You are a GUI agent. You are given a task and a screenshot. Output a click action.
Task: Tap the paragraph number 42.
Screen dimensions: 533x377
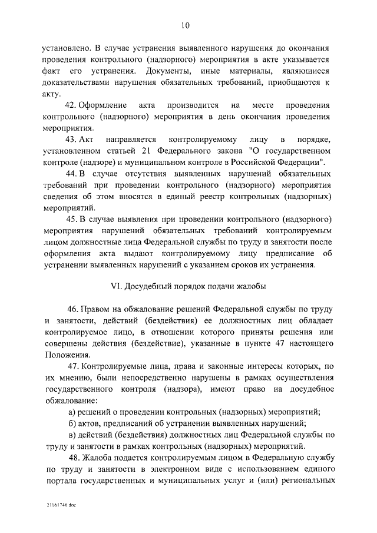click(73, 105)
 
